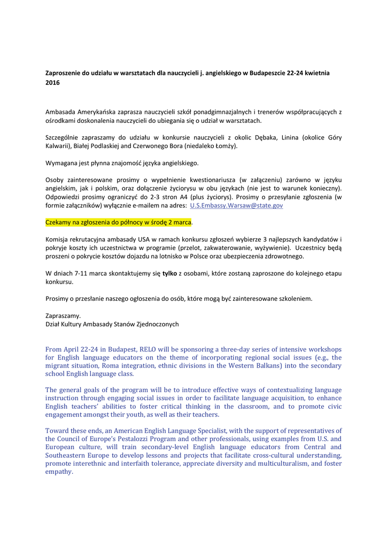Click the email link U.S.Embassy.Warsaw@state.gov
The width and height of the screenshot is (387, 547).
(237, 205)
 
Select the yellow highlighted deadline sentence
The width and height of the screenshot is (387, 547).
(118, 222)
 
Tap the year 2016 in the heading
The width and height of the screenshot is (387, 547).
(52, 83)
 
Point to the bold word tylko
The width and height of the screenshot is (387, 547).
(169, 273)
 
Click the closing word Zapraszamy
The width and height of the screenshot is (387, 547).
(63, 316)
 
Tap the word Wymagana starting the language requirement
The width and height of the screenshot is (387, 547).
(63, 162)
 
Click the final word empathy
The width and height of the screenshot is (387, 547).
(58, 472)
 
